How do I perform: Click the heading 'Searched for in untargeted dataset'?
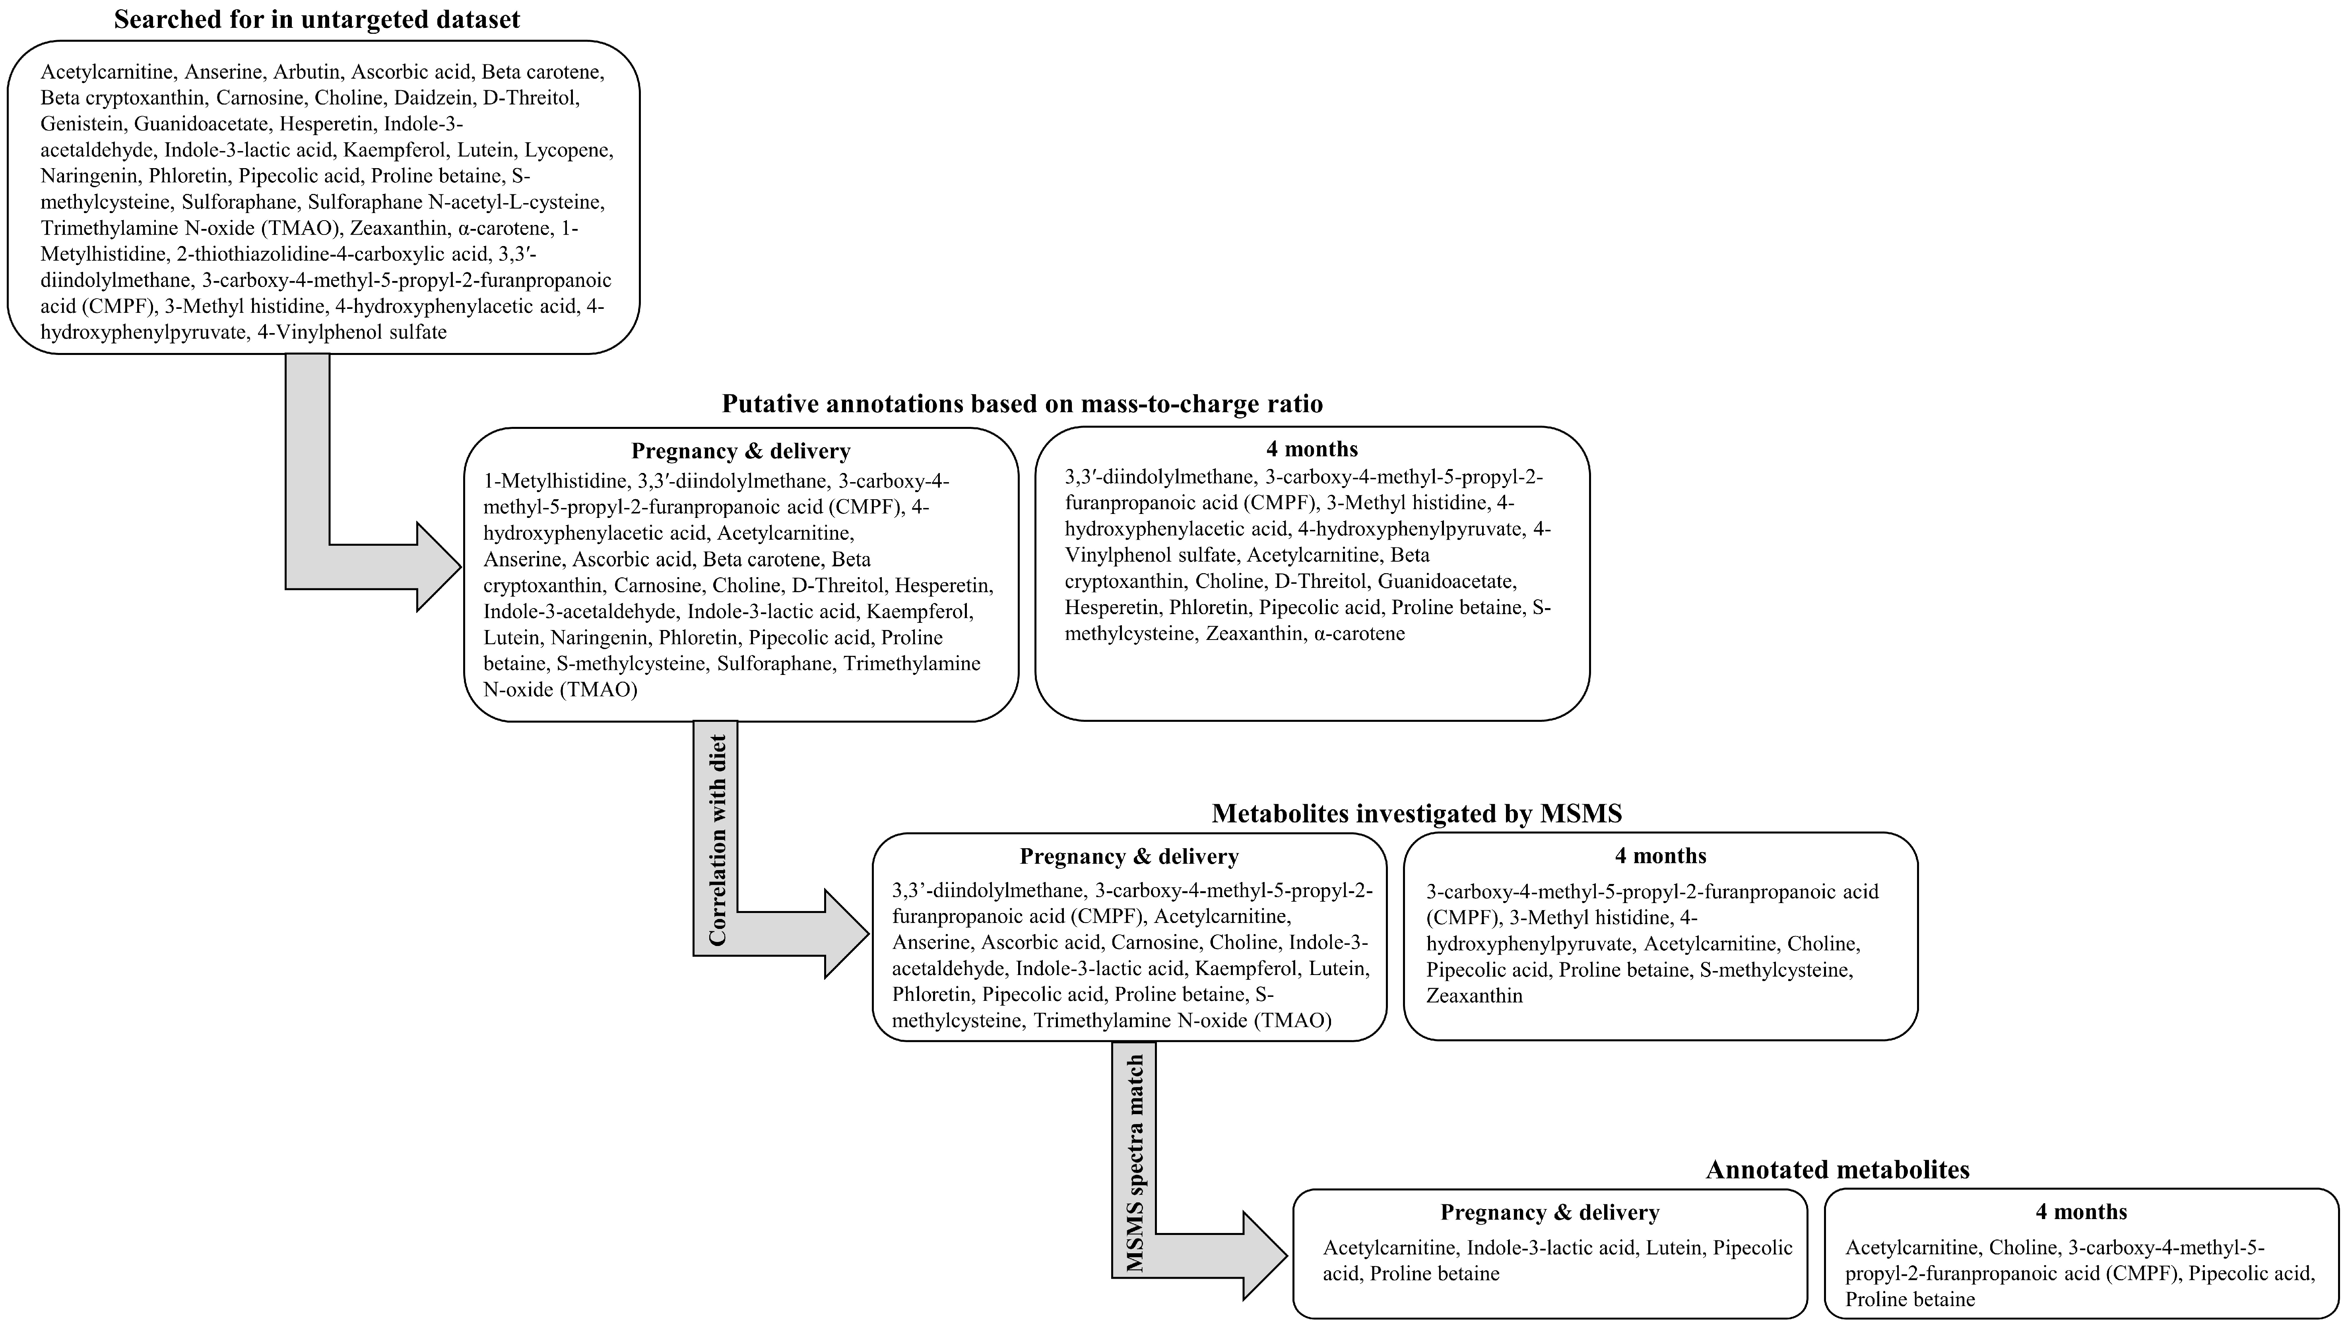[317, 19]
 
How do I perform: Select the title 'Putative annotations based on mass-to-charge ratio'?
[1022, 403]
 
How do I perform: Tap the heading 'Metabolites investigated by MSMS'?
[1416, 813]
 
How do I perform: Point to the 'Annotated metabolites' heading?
[1837, 1169]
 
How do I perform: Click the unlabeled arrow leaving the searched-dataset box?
[308, 473]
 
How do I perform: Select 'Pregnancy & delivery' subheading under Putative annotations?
[740, 451]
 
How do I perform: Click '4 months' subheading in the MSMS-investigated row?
[1660, 856]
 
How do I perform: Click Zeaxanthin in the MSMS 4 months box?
[1473, 995]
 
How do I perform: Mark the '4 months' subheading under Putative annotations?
[1312, 449]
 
